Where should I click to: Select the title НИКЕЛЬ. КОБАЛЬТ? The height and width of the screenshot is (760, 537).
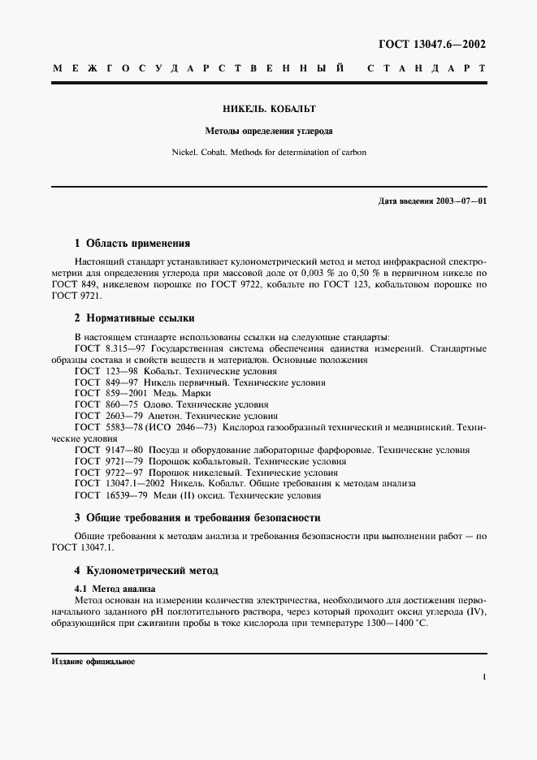click(268, 108)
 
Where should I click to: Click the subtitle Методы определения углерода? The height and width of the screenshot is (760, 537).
click(268, 130)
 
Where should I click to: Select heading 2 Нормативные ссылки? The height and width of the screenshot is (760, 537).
click(134, 317)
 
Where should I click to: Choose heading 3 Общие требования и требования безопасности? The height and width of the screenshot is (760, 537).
click(197, 517)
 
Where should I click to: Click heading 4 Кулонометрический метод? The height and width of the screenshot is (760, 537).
click(146, 571)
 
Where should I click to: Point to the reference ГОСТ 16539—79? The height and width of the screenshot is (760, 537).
click(107, 494)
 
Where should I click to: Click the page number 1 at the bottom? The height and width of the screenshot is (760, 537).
click(483, 676)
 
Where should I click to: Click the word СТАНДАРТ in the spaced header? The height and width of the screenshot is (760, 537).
click(427, 70)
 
